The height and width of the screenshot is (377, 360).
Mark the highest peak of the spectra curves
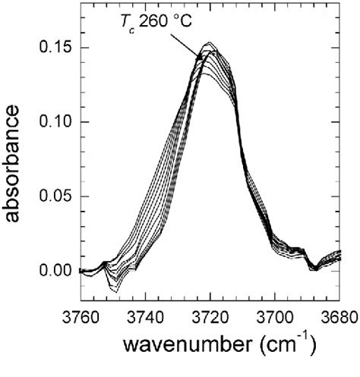click(210, 43)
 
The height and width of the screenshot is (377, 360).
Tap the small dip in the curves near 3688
click(312, 268)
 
